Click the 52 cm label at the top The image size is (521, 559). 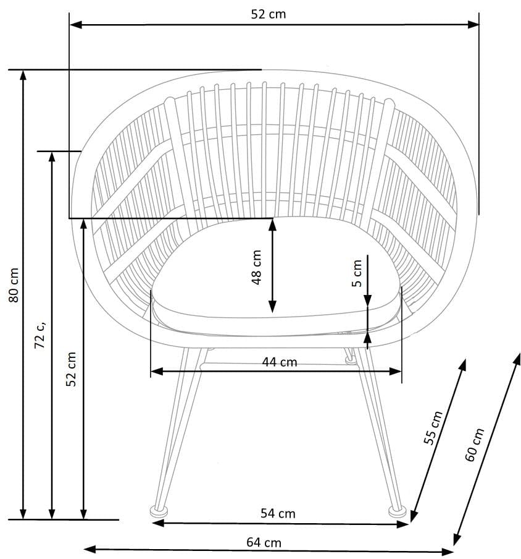(x=269, y=14)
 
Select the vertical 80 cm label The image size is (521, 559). (x=14, y=285)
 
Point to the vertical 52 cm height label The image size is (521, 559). (x=71, y=369)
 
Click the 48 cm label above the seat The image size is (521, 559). (x=256, y=267)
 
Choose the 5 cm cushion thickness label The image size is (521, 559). (x=357, y=273)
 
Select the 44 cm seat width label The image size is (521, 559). (x=280, y=362)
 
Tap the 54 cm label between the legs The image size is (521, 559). (x=278, y=514)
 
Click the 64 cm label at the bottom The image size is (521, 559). (x=264, y=542)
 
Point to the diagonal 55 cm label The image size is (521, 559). (x=433, y=427)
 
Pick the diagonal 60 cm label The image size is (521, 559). (x=475, y=445)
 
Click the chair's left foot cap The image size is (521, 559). (x=159, y=511)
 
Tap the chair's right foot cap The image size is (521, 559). (x=397, y=511)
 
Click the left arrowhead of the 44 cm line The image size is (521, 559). (x=157, y=372)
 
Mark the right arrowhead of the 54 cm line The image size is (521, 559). (x=403, y=524)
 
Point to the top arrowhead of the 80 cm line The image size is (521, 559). (x=23, y=76)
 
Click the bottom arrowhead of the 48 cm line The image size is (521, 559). (x=272, y=307)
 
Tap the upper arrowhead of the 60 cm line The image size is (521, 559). (x=516, y=359)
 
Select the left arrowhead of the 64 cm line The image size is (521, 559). (x=90, y=549)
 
